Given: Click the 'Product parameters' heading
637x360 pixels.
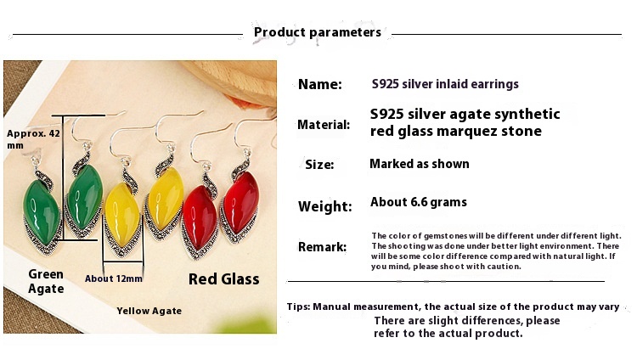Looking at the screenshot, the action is click(x=318, y=32).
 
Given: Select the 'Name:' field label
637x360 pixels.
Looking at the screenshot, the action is click(x=320, y=85).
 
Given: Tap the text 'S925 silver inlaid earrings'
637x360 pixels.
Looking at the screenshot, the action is click(x=445, y=84).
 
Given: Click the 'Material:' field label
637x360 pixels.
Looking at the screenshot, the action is click(x=324, y=125).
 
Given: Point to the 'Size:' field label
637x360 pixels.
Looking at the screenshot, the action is click(x=319, y=165).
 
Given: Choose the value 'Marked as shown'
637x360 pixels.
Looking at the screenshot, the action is click(x=420, y=164).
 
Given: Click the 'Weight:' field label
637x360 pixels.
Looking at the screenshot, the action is click(x=325, y=206).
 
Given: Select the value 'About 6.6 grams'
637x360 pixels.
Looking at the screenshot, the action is click(x=419, y=202).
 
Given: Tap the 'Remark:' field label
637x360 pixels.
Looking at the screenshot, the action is click(x=322, y=246).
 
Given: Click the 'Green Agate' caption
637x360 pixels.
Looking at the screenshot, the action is click(x=46, y=282).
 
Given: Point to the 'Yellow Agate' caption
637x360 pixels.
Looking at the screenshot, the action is click(x=149, y=311).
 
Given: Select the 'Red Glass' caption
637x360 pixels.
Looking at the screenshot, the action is click(x=224, y=279).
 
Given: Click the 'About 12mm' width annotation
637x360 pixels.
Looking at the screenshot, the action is click(x=114, y=278).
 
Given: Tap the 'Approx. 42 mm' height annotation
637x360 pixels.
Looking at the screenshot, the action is click(x=33, y=139).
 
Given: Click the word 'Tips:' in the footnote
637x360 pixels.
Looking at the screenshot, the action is click(x=299, y=307).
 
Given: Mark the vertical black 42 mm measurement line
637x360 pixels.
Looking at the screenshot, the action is click(x=63, y=177).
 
